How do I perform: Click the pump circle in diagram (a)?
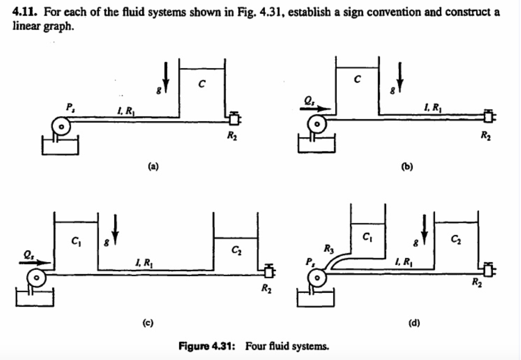point(61,125)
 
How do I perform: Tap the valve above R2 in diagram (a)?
point(234,119)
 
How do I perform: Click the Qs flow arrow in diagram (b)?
point(318,108)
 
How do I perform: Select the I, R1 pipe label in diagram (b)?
point(430,106)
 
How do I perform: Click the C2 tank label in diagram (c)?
point(236,250)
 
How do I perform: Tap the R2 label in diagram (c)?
point(266,289)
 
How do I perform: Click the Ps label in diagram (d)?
point(309,262)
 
